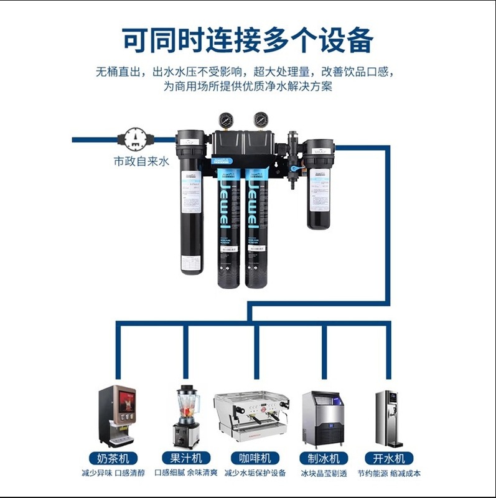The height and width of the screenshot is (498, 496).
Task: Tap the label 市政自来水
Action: pos(141,161)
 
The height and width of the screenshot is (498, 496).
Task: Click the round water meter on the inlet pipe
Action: pos(134,139)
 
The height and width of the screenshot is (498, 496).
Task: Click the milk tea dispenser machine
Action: pos(116,415)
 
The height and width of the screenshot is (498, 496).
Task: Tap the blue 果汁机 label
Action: pos(184,459)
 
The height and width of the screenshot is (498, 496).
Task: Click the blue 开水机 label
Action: pos(389,459)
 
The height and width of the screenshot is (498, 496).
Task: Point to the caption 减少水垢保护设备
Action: pos(255,474)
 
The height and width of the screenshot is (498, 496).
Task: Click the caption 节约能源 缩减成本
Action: pos(389,474)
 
